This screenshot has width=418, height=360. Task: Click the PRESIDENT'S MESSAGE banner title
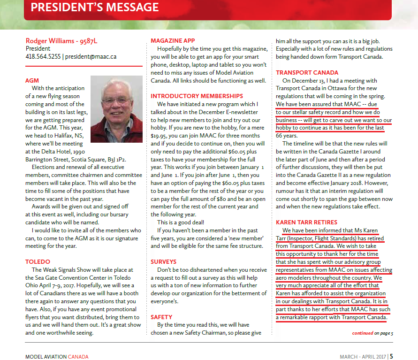point(94,8)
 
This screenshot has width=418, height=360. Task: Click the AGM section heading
point(32,81)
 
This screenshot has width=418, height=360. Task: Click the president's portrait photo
point(116,109)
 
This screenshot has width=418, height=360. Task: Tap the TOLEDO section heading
point(38,261)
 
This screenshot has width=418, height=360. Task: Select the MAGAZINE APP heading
point(173,41)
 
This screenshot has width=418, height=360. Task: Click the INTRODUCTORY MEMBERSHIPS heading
point(197,96)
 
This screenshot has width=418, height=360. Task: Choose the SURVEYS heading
point(164,262)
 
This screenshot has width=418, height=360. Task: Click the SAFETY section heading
point(161,317)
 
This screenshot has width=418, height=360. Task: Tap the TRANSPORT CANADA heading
point(307,73)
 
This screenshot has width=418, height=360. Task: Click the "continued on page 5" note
point(373,333)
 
